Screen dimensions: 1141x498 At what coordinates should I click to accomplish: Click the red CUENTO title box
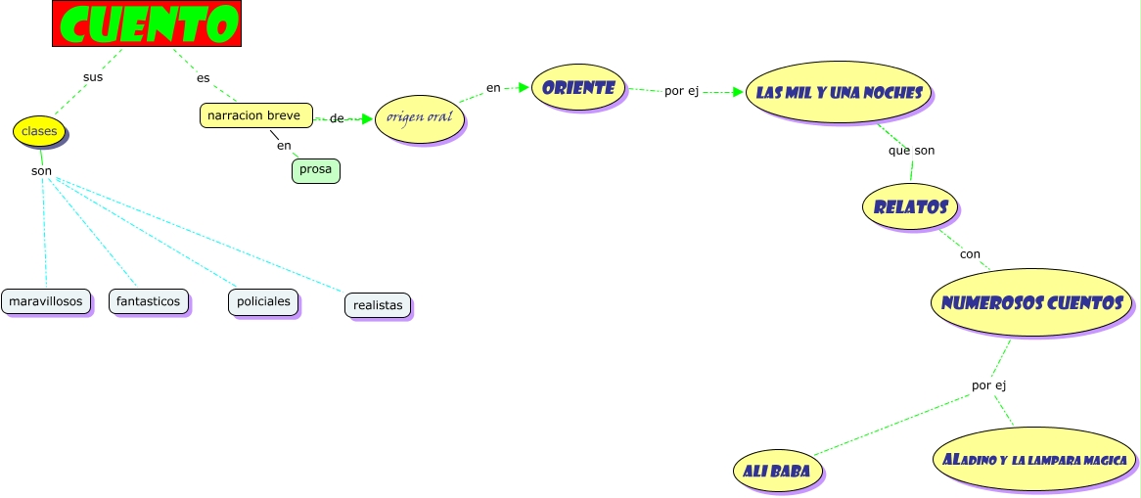pyautogui.click(x=146, y=23)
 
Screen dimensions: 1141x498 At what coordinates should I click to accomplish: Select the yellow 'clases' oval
pyautogui.click(x=39, y=131)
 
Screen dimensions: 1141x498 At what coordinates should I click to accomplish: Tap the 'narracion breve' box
pyautogui.click(x=256, y=115)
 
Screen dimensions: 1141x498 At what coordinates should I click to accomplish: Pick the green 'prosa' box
pyautogui.click(x=316, y=170)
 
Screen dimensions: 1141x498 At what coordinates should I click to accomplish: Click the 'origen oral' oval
pyautogui.click(x=420, y=118)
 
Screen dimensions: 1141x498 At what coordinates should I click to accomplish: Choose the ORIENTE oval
pyautogui.click(x=578, y=87)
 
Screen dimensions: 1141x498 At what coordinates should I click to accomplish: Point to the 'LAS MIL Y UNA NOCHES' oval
pyautogui.click(x=839, y=92)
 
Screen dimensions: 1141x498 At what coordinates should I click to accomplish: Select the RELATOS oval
pyautogui.click(x=910, y=206)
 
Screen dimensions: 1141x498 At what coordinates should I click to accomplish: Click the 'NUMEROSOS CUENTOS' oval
pyautogui.click(x=1031, y=302)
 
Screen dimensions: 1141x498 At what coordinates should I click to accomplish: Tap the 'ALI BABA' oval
pyautogui.click(x=777, y=471)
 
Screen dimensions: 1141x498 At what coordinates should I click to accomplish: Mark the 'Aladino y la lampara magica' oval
pyautogui.click(x=1034, y=459)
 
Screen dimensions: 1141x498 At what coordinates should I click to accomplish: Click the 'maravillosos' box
pyautogui.click(x=46, y=301)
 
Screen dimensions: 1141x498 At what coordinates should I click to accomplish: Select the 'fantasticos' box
pyautogui.click(x=149, y=301)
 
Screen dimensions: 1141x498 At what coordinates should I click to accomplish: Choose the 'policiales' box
pyautogui.click(x=263, y=301)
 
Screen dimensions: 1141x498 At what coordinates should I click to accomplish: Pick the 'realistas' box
pyautogui.click(x=378, y=305)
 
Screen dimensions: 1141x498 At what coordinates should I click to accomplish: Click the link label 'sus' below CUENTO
pyautogui.click(x=92, y=77)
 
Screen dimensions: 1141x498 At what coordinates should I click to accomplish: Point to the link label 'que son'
pyautogui.click(x=911, y=151)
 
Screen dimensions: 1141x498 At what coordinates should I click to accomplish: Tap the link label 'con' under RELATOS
pyautogui.click(x=970, y=254)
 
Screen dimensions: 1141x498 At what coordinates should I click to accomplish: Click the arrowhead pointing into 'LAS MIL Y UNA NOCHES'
pyautogui.click(x=738, y=93)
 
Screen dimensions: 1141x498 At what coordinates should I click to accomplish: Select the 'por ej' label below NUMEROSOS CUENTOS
pyautogui.click(x=989, y=385)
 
